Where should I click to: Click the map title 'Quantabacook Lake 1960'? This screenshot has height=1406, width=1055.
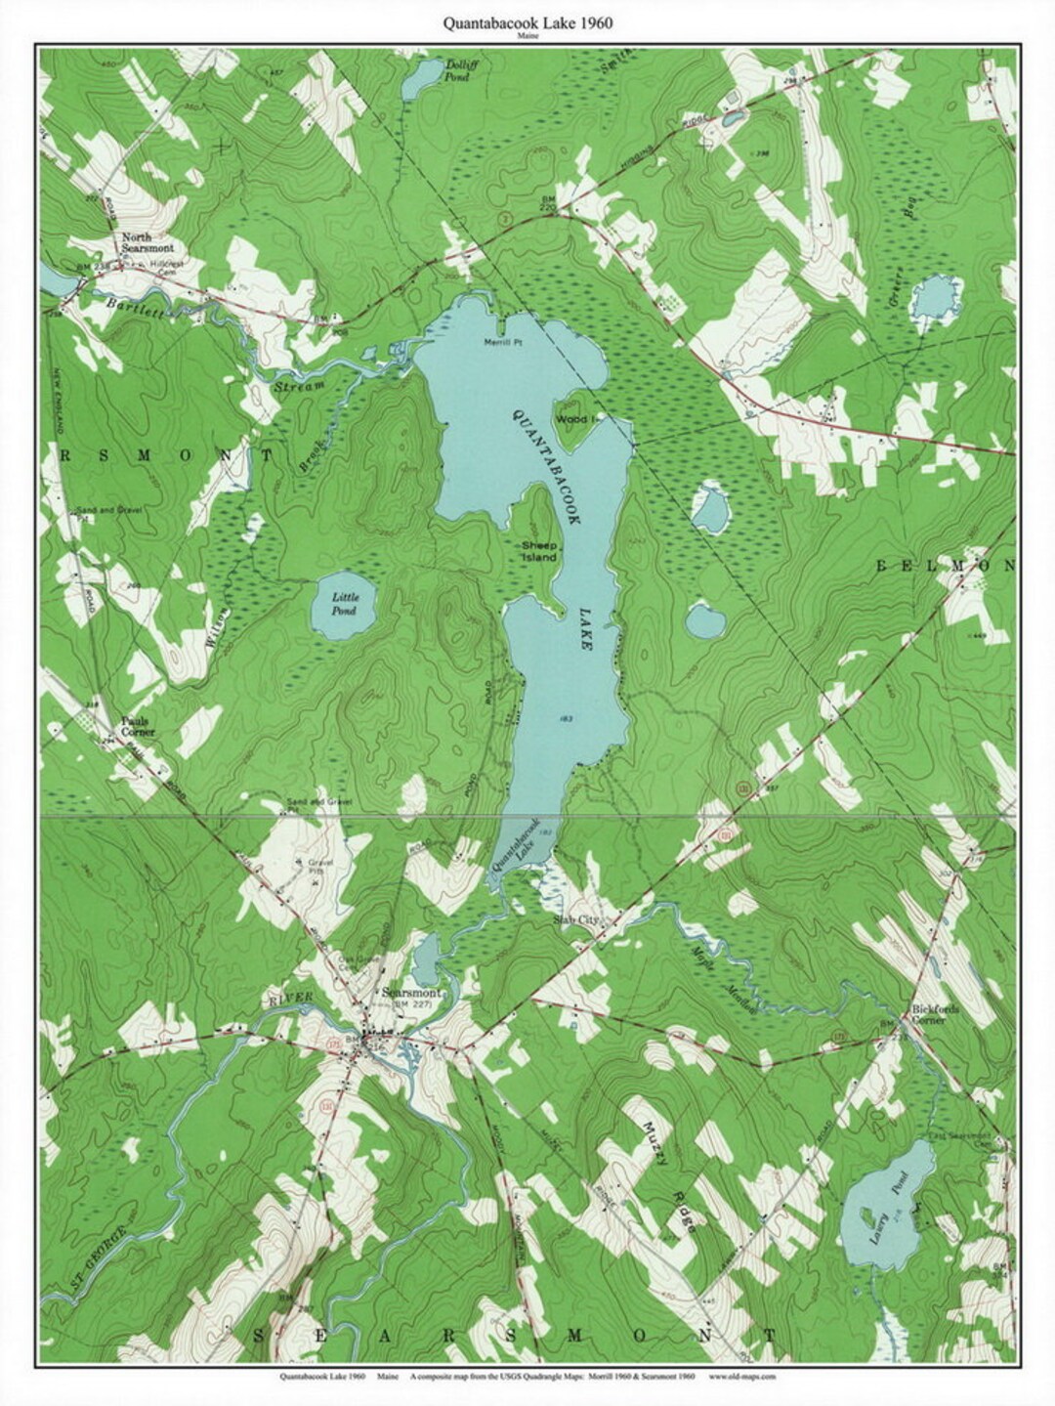point(527,24)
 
